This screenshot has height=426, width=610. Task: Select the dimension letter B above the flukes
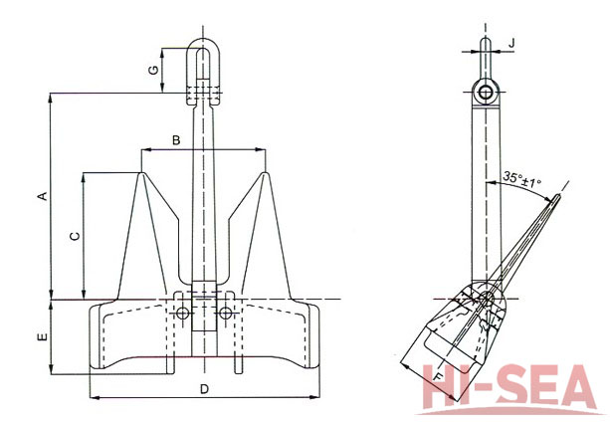pos(175,140)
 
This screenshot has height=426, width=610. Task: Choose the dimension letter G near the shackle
pos(152,71)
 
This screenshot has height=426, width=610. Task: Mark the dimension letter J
pos(511,43)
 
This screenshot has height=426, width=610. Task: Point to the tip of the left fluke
pos(143,174)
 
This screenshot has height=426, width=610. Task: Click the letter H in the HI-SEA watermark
pos(441,391)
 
